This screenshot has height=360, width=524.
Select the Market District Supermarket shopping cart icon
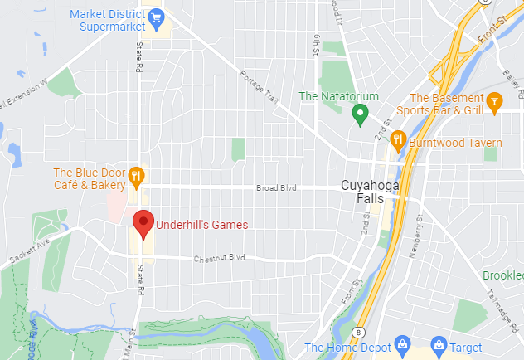pyautogui.click(x=154, y=17)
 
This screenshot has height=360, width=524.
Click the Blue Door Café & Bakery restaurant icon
pyautogui.click(x=137, y=175)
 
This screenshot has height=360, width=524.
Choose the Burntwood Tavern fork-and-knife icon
pyautogui.click(x=398, y=141)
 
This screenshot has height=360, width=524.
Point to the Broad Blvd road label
pyautogui.click(x=276, y=188)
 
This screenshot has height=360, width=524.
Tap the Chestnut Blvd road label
pyautogui.click(x=220, y=258)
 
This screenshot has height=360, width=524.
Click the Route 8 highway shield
pyautogui.click(x=357, y=331)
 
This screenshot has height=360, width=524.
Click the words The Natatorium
pyautogui.click(x=332, y=96)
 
